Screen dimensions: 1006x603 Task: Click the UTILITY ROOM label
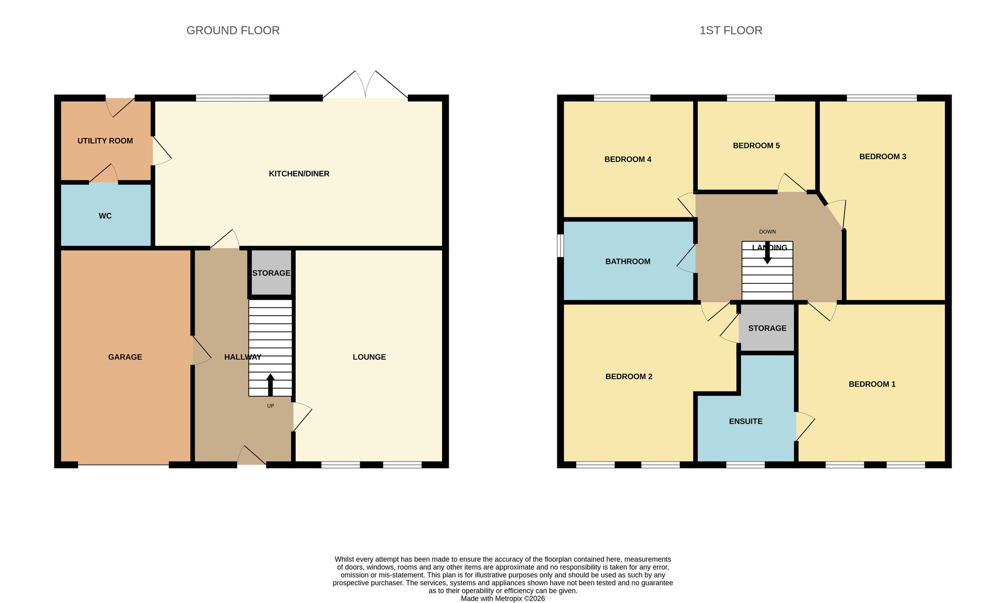pos(105,141)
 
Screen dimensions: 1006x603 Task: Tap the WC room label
pos(105,216)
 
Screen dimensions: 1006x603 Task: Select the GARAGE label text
pos(125,357)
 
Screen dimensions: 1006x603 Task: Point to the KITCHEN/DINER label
pos(299,174)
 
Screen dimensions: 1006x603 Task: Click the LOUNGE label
pos(369,357)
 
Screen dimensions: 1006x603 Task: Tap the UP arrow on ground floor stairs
pos(270,385)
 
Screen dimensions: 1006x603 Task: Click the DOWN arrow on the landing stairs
pos(768,253)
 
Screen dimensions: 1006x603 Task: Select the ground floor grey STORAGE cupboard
pos(271,273)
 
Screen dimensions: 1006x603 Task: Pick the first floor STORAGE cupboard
pos(767,328)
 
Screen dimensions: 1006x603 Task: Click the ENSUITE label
pos(745,421)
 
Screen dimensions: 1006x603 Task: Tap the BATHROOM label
pos(628,261)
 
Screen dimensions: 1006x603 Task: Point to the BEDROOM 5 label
pos(756,145)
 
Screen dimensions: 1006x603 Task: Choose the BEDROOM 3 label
pos(882,157)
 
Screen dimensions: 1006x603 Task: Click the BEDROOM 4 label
pos(628,159)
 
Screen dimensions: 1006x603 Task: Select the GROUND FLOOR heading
pos(233,30)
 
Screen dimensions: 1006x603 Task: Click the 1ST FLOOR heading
pos(730,30)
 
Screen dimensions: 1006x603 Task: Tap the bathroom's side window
pos(560,246)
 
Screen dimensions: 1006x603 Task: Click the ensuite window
pos(745,465)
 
